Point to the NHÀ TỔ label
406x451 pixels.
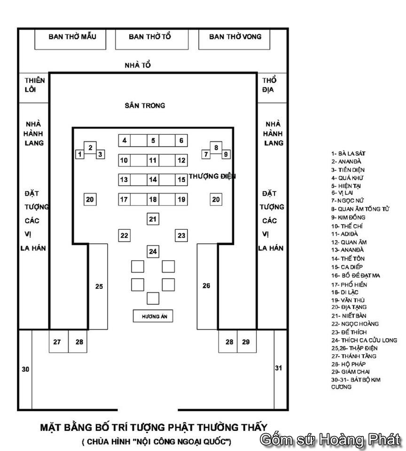click(x=138, y=65)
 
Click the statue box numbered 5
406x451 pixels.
click(x=153, y=140)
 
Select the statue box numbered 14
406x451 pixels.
click(x=153, y=179)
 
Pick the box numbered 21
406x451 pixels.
click(x=152, y=219)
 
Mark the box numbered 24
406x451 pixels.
click(x=153, y=252)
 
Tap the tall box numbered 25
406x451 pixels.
click(x=98, y=286)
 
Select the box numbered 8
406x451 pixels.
click(x=216, y=148)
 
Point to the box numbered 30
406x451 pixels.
click(x=25, y=369)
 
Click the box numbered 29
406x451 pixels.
click(x=246, y=342)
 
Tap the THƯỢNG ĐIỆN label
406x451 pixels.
click(x=212, y=177)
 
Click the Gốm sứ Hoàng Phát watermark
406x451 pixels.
click(x=330, y=440)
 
